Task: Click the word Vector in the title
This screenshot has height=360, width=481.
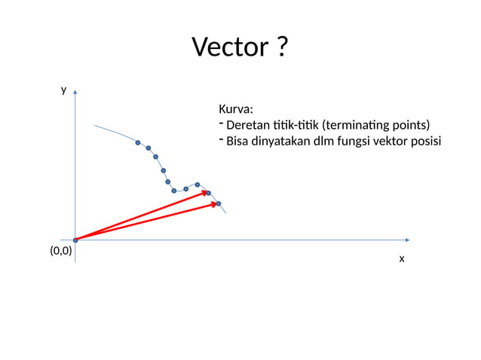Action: pyautogui.click(x=228, y=47)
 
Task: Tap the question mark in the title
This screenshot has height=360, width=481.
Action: pyautogui.click(x=280, y=47)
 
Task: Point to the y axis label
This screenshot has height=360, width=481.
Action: pyautogui.click(x=63, y=90)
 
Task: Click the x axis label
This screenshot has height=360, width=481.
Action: pyautogui.click(x=402, y=258)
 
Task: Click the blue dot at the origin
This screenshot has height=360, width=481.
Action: pyautogui.click(x=75, y=240)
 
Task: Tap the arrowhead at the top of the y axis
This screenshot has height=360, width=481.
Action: pyautogui.click(x=75, y=94)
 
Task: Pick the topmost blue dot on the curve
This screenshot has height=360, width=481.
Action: pyautogui.click(x=138, y=142)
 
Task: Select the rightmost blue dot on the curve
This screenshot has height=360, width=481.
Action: pyautogui.click(x=219, y=203)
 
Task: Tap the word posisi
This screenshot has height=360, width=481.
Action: pyautogui.click(x=425, y=142)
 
